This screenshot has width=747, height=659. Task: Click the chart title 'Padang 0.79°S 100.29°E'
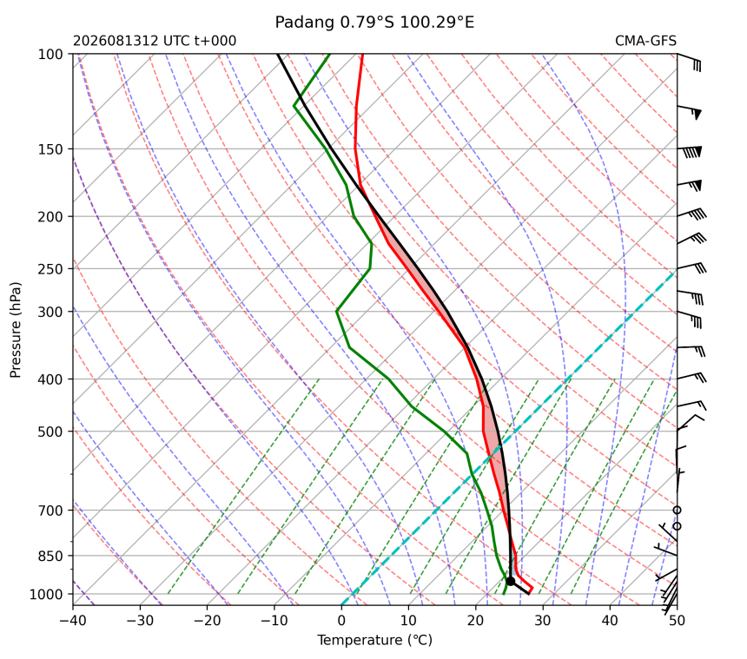coord(374,23)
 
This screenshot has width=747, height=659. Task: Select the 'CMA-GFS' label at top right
coord(645,41)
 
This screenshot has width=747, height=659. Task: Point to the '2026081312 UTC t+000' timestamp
coord(155,41)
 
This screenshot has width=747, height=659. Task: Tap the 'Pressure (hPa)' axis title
coord(16,330)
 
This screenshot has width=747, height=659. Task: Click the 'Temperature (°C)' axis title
coord(375,640)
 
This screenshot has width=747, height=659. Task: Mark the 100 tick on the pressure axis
coord(50,55)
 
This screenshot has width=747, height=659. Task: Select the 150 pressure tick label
coord(50,149)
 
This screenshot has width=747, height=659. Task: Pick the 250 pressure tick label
coord(50,269)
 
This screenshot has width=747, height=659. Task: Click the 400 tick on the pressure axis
coord(50,379)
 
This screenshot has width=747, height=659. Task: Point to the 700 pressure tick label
coord(50,511)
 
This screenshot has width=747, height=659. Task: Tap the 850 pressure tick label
coord(50,557)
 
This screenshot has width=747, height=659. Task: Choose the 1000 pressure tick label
coord(46,594)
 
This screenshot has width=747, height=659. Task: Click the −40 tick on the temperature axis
coord(73,621)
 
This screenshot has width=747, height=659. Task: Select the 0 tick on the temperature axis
coord(341,621)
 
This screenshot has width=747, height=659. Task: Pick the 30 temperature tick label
coord(543,621)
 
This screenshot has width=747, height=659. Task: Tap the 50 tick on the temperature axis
coord(677,621)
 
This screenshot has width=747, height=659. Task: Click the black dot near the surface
coord(510,581)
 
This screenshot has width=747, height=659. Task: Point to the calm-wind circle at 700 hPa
coord(677,510)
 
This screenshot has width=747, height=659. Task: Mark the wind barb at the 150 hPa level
coord(690,151)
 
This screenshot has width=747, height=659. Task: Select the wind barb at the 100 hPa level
coord(689,63)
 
